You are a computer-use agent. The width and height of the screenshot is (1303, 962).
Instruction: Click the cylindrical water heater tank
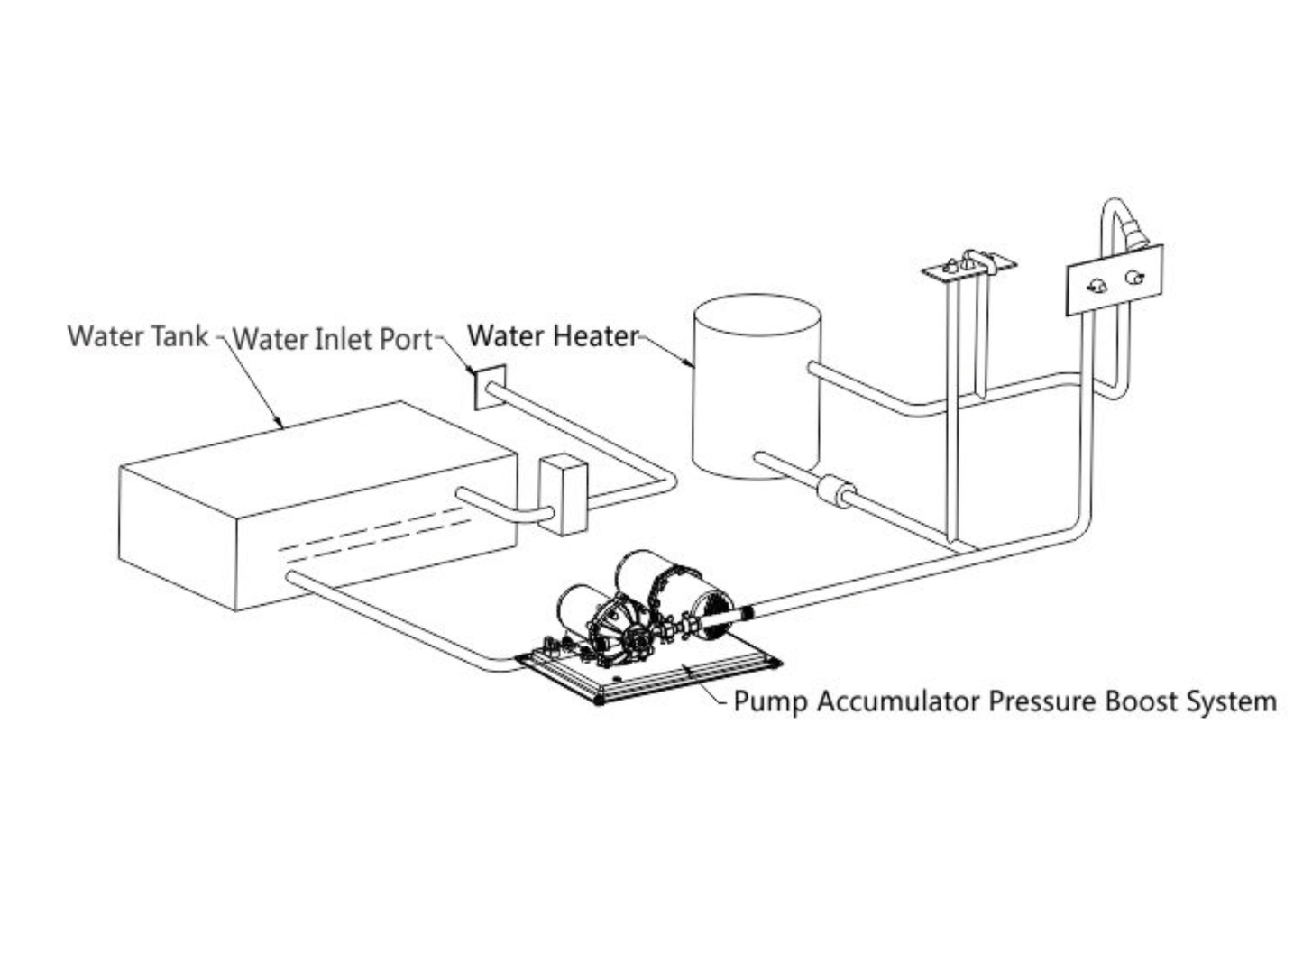point(756,388)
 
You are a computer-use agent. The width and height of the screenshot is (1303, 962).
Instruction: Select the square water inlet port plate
point(489,387)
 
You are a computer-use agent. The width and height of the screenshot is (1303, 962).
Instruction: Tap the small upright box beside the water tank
point(562,496)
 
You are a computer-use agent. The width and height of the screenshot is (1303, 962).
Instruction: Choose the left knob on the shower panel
point(1097,286)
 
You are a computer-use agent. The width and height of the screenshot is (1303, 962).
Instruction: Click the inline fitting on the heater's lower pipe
point(834,493)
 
